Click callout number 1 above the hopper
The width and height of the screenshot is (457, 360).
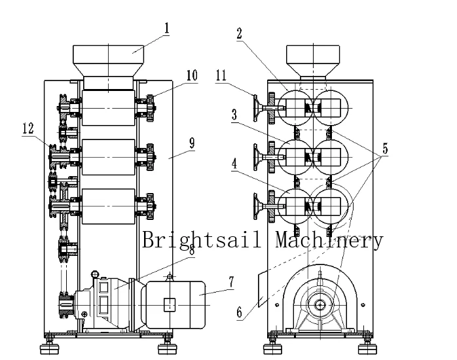pyautogui.click(x=167, y=28)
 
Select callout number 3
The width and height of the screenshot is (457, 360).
pyautogui.click(x=234, y=114)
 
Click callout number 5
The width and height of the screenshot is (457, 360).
pyautogui.click(x=385, y=149)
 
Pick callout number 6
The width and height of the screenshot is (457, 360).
pyautogui.click(x=240, y=312)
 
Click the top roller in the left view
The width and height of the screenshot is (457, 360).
pyautogui.click(x=108, y=107)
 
